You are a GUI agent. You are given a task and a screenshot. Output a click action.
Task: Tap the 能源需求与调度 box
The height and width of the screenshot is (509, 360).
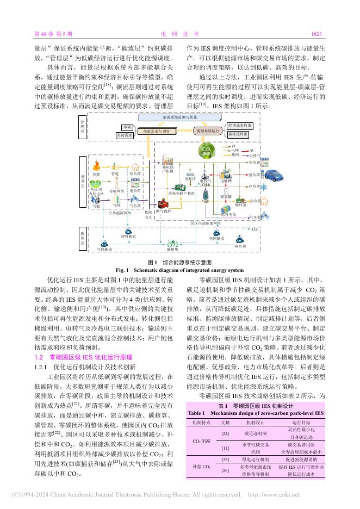point(156,131)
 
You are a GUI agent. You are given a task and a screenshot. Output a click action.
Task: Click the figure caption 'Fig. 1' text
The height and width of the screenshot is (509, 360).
point(121,270)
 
